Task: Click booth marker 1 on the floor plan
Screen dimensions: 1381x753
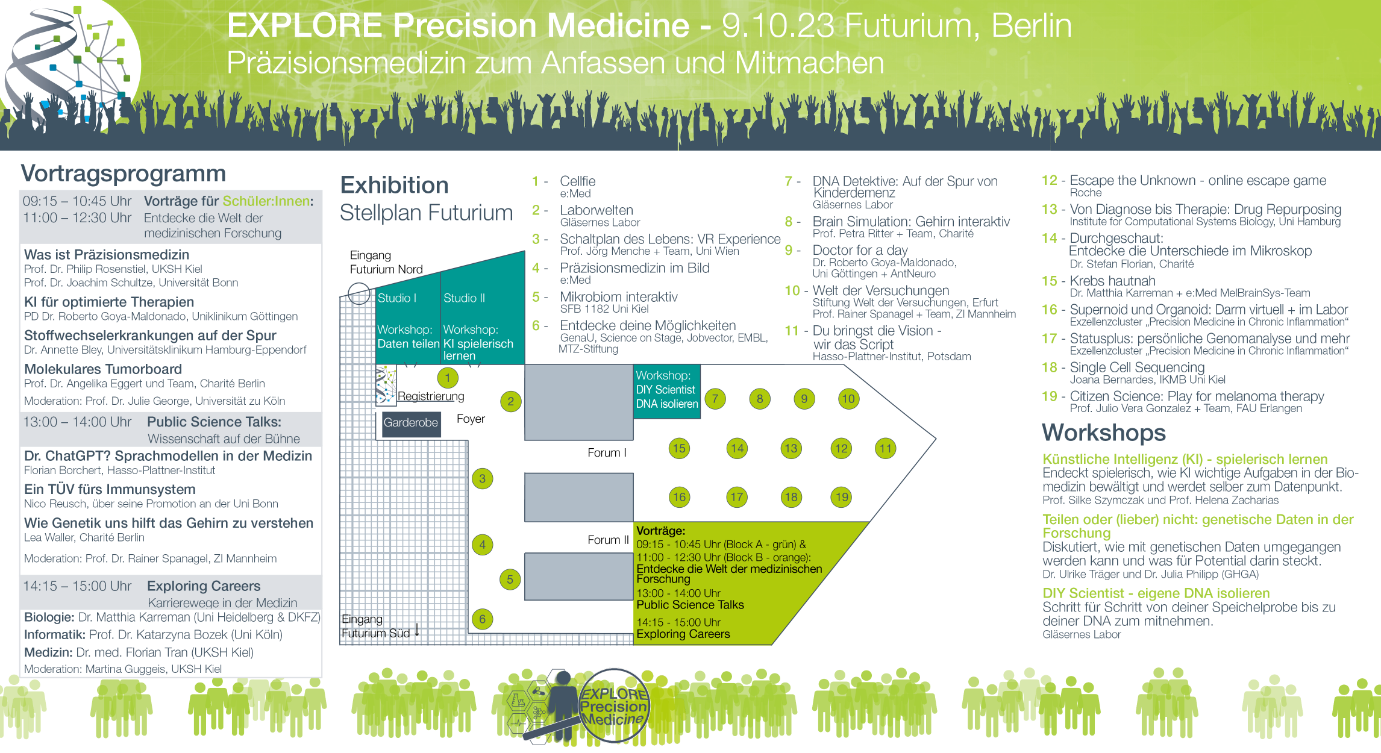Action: pos(448,378)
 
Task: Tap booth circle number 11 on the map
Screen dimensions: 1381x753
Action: pos(885,448)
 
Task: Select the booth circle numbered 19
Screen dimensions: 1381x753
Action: pos(842,497)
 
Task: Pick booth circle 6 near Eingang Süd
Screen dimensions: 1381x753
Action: pos(482,619)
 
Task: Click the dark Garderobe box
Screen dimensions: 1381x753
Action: pos(411,423)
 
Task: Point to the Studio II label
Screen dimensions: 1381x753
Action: pos(464,298)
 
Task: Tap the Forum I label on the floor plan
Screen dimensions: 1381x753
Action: pos(607,453)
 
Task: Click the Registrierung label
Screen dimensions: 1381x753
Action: pos(431,396)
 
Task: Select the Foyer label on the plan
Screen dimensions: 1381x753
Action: pos(471,419)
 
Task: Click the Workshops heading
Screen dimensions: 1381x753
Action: pos(1104,433)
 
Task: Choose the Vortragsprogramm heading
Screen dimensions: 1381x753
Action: pos(124,173)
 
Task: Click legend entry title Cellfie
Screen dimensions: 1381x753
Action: pos(578,181)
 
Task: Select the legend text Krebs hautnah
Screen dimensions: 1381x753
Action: pos(1112,281)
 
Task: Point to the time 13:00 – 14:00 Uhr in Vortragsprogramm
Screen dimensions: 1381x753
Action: pos(77,422)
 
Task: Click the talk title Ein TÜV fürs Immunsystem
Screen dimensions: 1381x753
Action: pos(110,489)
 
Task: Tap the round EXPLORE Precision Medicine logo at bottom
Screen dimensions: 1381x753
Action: pos(613,705)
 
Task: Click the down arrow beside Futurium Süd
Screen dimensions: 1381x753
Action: pos(417,631)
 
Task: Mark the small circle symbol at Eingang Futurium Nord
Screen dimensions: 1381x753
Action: pos(359,294)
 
